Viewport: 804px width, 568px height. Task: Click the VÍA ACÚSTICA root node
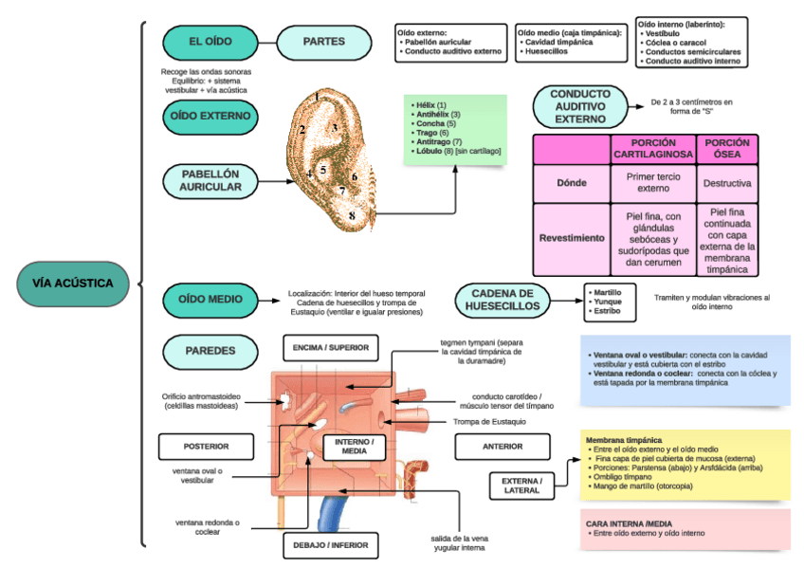[x=72, y=283]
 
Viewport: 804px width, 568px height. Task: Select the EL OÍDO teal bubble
[x=210, y=42]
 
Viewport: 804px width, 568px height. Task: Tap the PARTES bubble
[x=323, y=42]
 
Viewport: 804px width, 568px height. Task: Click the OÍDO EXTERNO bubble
[x=210, y=116]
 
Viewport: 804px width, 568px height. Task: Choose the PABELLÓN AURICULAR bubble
[x=210, y=180]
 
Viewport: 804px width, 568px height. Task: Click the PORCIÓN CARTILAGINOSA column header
[x=652, y=148]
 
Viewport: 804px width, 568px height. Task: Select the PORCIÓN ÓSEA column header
[x=727, y=148]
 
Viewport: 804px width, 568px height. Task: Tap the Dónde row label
[x=572, y=182]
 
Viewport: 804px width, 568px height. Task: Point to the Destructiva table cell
[x=727, y=182]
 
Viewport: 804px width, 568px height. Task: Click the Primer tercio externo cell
[x=652, y=182]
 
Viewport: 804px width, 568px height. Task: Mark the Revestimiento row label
[x=572, y=238]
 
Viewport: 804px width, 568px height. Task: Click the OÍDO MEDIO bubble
[x=210, y=299]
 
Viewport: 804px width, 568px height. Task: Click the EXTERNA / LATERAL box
[x=521, y=486]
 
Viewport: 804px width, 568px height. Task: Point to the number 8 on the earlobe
[x=352, y=216]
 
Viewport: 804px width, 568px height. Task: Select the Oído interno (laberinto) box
[x=691, y=42]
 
